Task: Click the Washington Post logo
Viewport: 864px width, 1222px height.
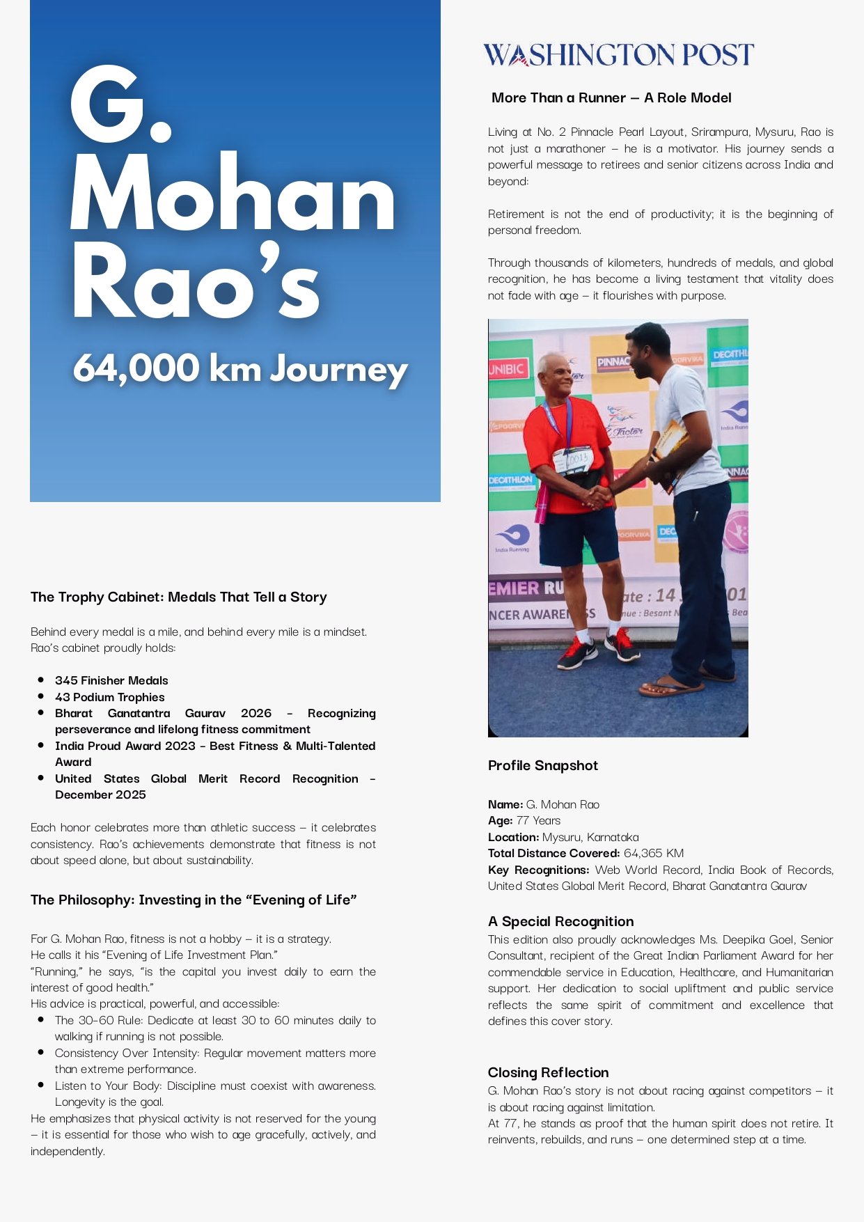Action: tap(618, 54)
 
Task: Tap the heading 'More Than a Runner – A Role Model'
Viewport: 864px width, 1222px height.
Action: tap(611, 98)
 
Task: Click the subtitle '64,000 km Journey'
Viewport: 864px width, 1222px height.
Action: tap(240, 368)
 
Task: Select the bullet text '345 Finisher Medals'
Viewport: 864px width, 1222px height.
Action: tap(111, 680)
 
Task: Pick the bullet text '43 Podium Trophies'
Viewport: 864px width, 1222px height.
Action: tap(110, 697)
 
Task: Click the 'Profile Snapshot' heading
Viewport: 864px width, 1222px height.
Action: tap(543, 766)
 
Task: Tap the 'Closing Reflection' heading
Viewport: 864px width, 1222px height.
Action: tap(549, 1072)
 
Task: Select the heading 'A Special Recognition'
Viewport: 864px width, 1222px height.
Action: tap(561, 921)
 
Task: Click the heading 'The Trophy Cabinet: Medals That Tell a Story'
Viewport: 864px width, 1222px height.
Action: tap(179, 597)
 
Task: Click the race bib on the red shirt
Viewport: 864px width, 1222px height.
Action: tap(574, 460)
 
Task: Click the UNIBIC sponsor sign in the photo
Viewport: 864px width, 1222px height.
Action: tap(507, 369)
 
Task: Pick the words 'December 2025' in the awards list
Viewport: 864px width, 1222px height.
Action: tap(101, 795)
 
